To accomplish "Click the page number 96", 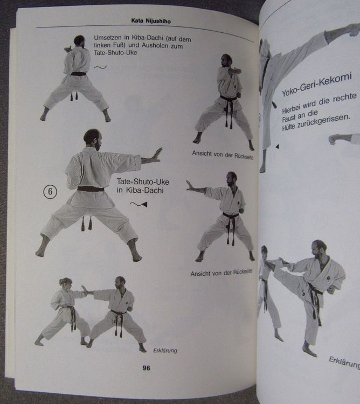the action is pyautogui.click(x=146, y=368).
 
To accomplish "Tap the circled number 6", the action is pyautogui.click(x=50, y=191).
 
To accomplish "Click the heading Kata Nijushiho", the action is pyautogui.click(x=151, y=21).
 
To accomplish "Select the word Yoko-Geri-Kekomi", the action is pyautogui.click(x=317, y=84).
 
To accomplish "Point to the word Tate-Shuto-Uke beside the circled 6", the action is pyautogui.click(x=143, y=182).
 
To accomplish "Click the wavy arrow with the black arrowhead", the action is pyautogui.click(x=139, y=204).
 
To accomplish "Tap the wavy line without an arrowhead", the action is pyautogui.click(x=100, y=67).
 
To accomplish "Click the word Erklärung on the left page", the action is pyautogui.click(x=165, y=351).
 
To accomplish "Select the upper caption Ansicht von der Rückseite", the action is pyautogui.click(x=223, y=155).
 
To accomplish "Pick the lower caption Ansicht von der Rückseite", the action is pyautogui.click(x=221, y=273).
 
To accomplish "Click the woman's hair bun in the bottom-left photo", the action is pyautogui.click(x=61, y=282).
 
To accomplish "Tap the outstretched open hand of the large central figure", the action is pyautogui.click(x=155, y=155).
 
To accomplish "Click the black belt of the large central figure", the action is pyautogui.click(x=91, y=189).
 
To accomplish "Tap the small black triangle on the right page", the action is pyautogui.click(x=278, y=147).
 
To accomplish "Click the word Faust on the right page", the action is pyautogui.click(x=288, y=119).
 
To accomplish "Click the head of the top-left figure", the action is pyautogui.click(x=79, y=41).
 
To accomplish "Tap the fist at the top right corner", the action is pyautogui.click(x=355, y=30).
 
